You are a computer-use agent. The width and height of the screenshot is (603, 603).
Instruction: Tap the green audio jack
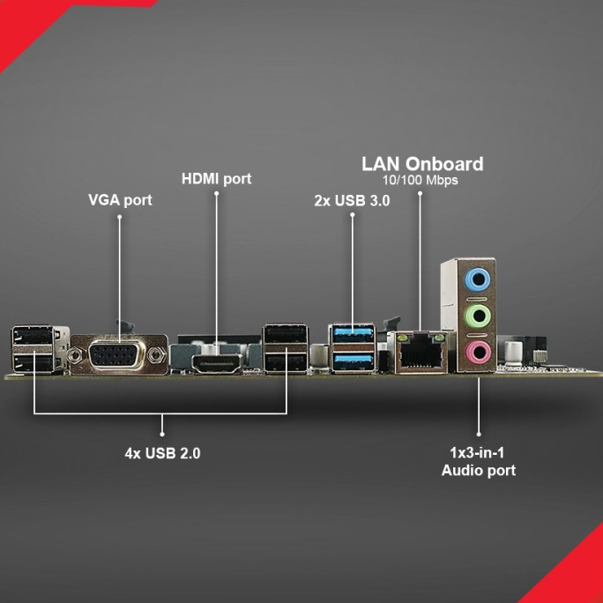pos(478,315)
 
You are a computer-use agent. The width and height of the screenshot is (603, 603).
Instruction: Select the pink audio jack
pos(478,354)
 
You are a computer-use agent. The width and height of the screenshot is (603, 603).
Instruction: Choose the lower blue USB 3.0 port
pos(353,360)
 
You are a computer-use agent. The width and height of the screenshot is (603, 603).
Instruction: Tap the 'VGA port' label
pos(120,200)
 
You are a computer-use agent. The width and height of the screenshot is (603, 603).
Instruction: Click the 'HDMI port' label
pos(216,179)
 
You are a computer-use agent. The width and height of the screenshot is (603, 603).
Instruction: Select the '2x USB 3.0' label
pos(352,200)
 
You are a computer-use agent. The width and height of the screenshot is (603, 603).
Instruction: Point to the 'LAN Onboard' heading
pos(422,164)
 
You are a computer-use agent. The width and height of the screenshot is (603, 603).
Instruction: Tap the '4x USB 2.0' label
pos(162,454)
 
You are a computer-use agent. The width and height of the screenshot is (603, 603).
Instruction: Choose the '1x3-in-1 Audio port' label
pos(478,461)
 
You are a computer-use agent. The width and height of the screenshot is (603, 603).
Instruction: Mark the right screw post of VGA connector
pos(157,356)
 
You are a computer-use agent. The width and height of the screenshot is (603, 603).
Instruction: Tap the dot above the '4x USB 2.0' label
pos(162,433)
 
